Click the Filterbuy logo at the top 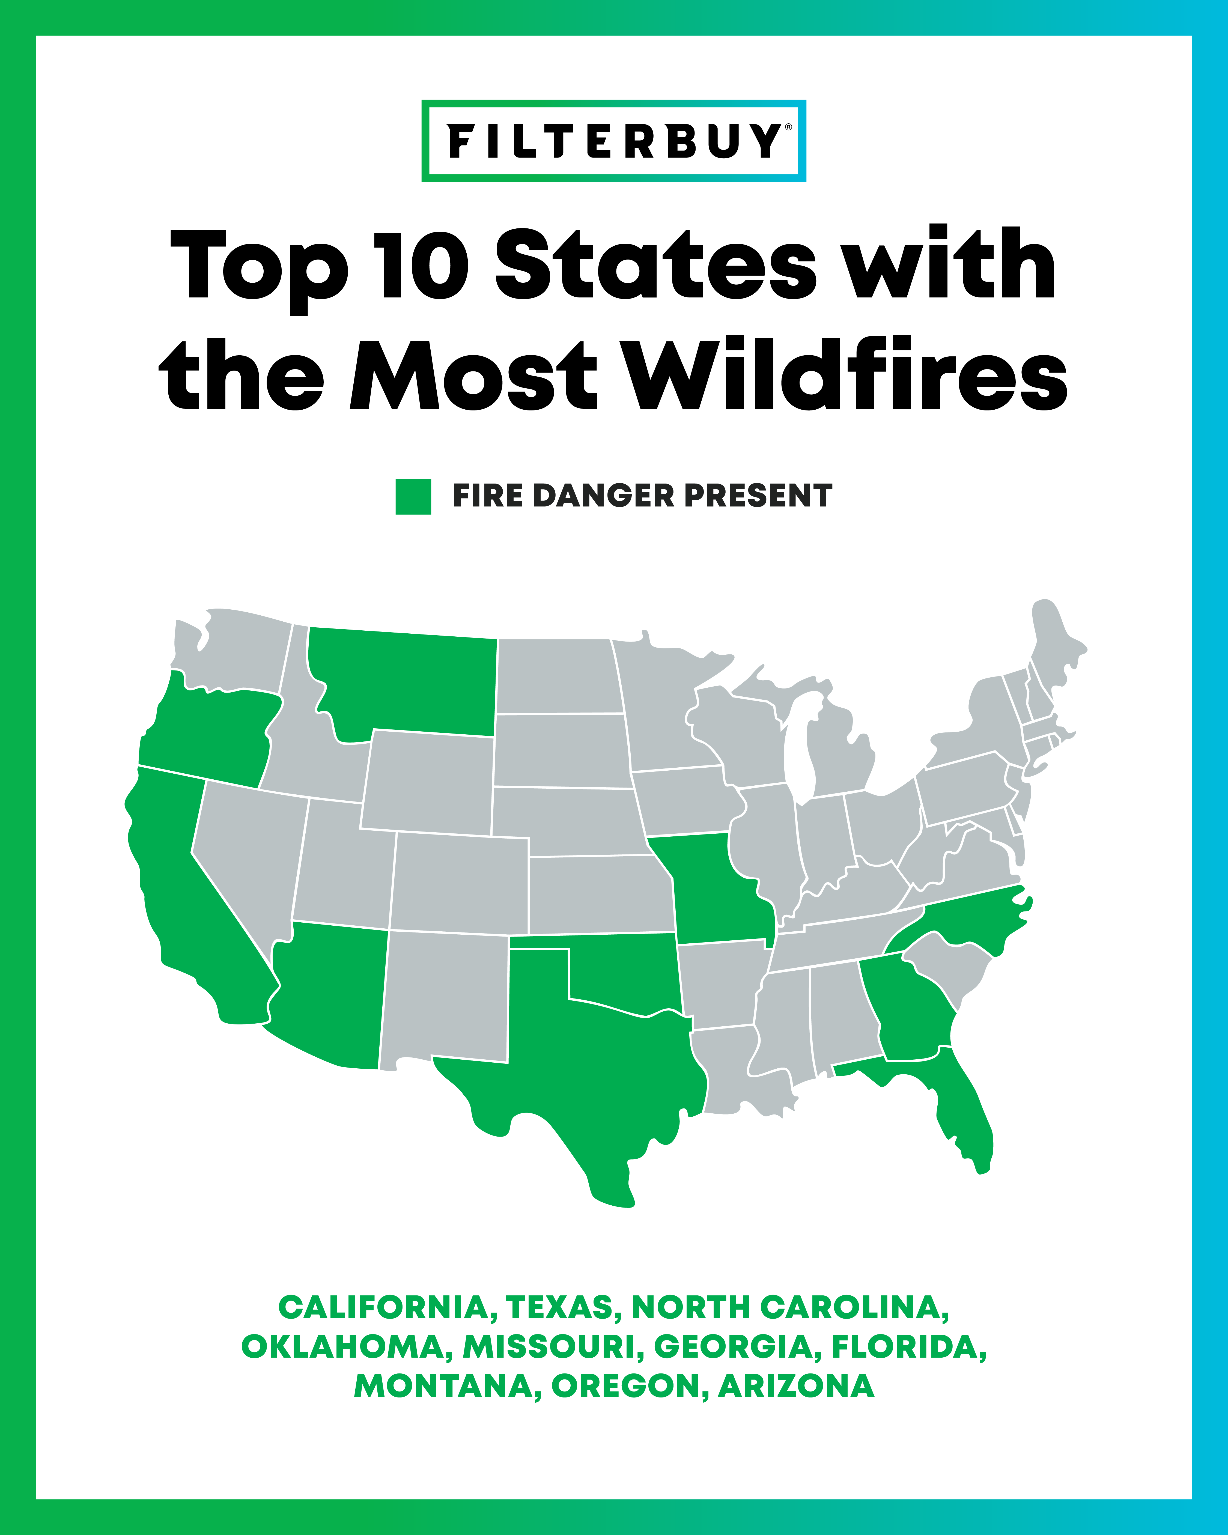click(x=614, y=141)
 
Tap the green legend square click(x=413, y=496)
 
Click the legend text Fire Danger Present click(x=642, y=496)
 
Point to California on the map click(x=178, y=890)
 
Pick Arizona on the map click(x=327, y=997)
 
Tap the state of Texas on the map click(x=591, y=1068)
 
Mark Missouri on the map click(x=712, y=890)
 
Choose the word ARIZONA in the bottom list click(x=796, y=1385)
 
